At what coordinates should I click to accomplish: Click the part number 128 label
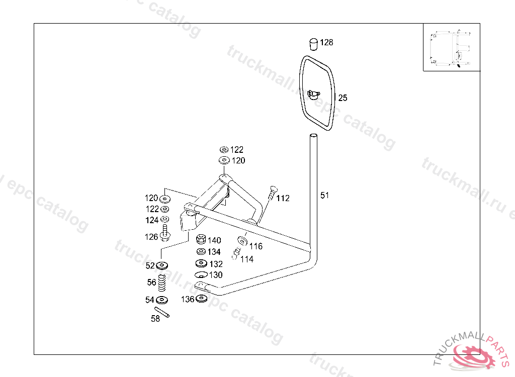[326, 43]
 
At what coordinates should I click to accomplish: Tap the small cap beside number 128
[313, 44]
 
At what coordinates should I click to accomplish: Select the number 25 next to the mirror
[342, 98]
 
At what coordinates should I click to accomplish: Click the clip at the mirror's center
[314, 93]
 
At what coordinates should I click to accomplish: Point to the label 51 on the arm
[325, 195]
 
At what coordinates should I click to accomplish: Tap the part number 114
[247, 259]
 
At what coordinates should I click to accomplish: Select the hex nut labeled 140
[200, 239]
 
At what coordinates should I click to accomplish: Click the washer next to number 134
[201, 251]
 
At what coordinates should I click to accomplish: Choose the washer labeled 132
[201, 263]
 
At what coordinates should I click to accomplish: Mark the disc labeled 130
[201, 274]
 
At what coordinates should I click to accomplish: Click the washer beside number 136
[202, 299]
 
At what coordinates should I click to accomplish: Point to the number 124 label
[152, 220]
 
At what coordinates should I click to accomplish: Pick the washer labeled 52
[162, 265]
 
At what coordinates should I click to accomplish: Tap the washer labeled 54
[162, 300]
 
